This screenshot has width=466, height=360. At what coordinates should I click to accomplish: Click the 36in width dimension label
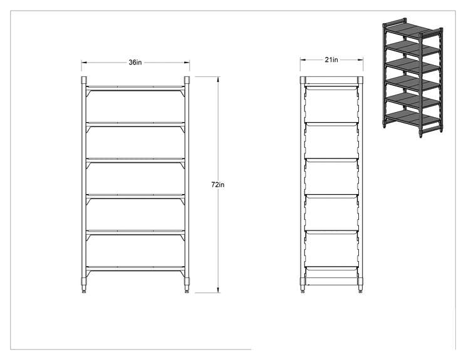tap(135, 63)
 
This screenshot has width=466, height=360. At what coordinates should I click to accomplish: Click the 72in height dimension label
tap(218, 185)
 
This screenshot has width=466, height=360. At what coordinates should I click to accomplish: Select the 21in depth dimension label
tap(331, 59)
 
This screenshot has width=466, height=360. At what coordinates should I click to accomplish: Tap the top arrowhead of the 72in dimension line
tap(219, 79)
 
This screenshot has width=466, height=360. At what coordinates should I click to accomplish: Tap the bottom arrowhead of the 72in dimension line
tap(219, 291)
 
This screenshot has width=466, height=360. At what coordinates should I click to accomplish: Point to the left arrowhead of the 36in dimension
tap(84, 63)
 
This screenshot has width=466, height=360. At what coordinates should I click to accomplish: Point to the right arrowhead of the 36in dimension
tap(187, 63)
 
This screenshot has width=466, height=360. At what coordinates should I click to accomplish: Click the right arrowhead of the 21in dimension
tap(361, 59)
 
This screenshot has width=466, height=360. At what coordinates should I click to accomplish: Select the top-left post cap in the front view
tap(84, 80)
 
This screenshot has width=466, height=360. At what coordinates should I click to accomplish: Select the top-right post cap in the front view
tap(187, 80)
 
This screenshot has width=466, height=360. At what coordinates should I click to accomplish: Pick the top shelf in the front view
tap(135, 88)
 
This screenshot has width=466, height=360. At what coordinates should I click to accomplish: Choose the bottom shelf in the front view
tap(135, 268)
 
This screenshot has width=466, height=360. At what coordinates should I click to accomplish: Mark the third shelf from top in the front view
tap(135, 160)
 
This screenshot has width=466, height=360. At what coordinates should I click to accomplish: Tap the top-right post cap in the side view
tap(360, 80)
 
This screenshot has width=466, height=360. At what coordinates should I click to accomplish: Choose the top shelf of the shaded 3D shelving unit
tap(412, 29)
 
